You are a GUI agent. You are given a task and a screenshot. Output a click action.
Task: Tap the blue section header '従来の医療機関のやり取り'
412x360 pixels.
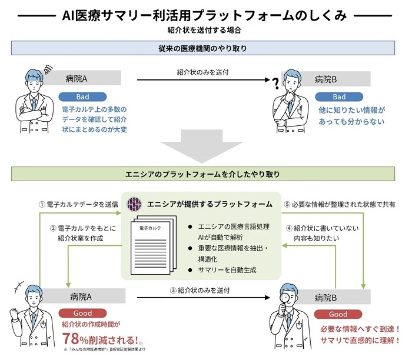(206, 48)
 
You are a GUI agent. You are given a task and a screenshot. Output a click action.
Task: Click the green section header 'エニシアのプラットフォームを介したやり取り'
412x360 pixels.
(206, 175)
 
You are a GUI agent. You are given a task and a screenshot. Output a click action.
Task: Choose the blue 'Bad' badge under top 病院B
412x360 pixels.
(339, 96)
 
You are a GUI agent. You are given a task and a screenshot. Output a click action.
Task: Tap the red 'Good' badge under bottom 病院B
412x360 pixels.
(338, 314)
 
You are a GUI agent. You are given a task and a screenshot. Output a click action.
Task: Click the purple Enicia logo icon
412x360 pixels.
(135, 204)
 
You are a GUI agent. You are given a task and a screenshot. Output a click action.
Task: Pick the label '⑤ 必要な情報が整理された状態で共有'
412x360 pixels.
(340, 204)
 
